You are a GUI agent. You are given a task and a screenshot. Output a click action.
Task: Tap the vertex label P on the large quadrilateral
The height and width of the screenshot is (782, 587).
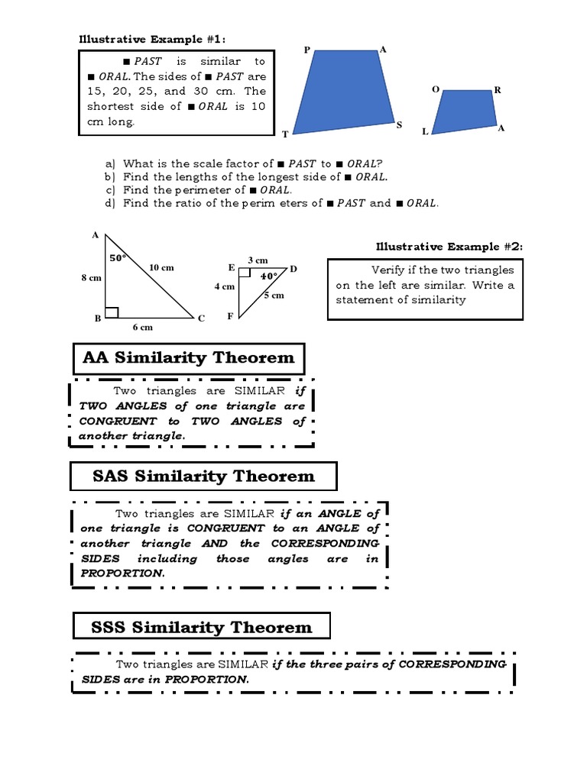click(306, 50)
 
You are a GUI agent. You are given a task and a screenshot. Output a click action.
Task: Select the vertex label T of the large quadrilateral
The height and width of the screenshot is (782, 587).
click(285, 134)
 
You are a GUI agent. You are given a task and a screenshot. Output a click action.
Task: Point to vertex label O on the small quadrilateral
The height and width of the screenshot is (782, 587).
click(435, 89)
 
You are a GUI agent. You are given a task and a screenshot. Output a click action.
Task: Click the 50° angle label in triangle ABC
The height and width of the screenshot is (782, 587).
click(117, 258)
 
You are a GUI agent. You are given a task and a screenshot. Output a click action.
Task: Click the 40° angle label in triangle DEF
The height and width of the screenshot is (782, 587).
click(268, 276)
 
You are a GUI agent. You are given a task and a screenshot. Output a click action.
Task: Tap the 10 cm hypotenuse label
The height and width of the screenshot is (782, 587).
click(161, 267)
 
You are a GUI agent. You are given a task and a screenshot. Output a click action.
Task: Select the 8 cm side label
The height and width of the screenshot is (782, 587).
click(91, 279)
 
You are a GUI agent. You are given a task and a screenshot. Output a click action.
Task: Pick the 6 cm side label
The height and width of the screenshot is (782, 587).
click(143, 327)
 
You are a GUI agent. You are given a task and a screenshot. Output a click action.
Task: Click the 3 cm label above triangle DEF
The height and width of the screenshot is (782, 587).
click(257, 260)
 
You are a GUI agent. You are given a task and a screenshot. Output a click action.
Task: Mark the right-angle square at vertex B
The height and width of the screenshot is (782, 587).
click(112, 312)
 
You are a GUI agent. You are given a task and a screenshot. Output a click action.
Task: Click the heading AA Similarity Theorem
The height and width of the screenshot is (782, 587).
click(188, 357)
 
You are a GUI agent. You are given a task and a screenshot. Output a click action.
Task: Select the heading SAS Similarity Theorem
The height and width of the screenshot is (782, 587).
click(203, 477)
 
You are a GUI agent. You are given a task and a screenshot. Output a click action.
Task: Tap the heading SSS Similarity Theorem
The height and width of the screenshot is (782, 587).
click(202, 628)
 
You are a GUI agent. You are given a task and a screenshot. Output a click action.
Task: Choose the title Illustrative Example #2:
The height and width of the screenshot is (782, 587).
click(448, 246)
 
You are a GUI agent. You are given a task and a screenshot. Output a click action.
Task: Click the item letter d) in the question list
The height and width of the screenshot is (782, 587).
click(110, 203)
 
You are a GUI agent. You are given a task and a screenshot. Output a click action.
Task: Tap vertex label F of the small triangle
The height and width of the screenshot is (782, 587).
click(230, 315)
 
